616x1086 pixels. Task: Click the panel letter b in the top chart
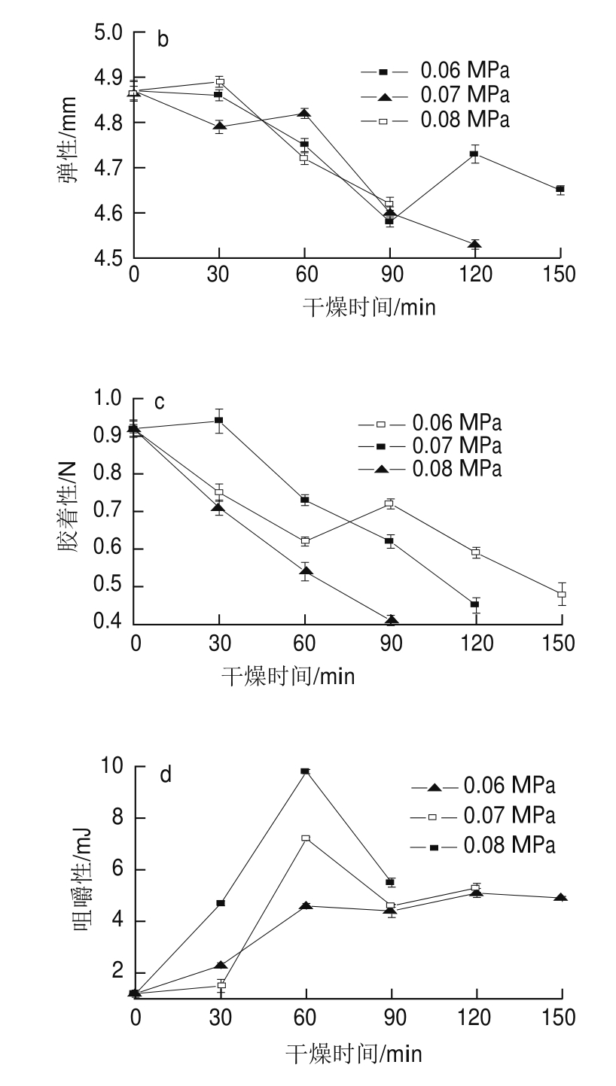click(163, 39)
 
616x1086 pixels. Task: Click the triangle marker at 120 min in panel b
click(474, 245)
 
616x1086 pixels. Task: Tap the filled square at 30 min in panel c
click(219, 421)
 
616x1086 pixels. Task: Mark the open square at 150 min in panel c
click(561, 595)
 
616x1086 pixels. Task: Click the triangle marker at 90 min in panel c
click(390, 620)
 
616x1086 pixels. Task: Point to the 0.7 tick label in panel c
click(108, 512)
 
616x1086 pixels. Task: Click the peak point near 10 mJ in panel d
click(305, 771)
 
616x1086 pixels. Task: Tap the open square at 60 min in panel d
click(305, 838)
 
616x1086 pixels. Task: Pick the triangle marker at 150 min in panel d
click(560, 898)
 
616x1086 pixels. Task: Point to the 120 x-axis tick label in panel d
click(476, 1018)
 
